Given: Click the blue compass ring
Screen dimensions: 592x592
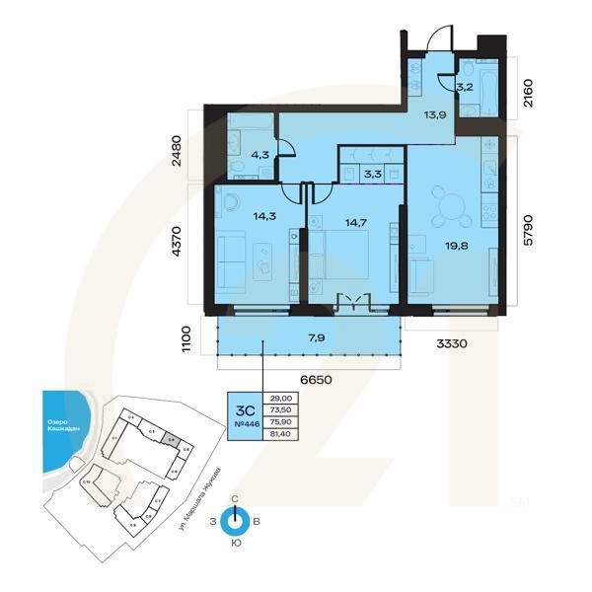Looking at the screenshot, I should [234, 521].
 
